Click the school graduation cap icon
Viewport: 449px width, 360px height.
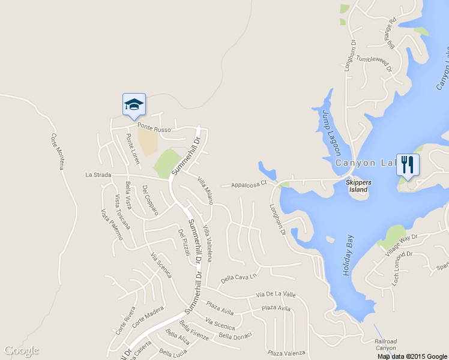(x=134, y=105)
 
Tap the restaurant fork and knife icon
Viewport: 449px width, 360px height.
(x=408, y=164)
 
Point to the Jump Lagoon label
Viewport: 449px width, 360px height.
(x=331, y=132)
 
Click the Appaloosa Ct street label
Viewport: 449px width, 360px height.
(x=249, y=185)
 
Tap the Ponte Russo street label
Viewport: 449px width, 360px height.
(x=154, y=128)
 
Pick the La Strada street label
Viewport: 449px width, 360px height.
(x=97, y=175)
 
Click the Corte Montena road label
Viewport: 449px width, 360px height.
(x=57, y=151)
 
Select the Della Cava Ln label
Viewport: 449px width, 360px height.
(x=238, y=278)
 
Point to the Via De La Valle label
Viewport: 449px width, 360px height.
(x=276, y=295)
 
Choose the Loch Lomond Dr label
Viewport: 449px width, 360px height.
(x=403, y=268)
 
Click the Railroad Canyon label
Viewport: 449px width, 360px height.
(x=386, y=344)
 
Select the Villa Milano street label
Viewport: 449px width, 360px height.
(x=205, y=190)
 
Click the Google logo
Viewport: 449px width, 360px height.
(x=22, y=350)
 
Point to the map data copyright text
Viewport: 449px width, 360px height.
(x=412, y=356)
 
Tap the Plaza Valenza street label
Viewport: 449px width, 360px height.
(x=287, y=353)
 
